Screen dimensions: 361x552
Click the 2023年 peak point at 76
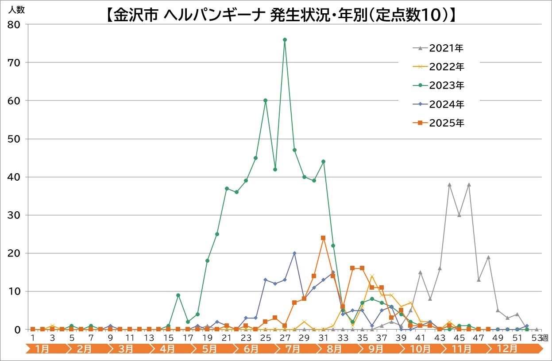pyautogui.click(x=285, y=39)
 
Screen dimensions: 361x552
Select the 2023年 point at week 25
pyautogui.click(x=265, y=101)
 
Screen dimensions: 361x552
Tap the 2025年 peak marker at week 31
pyautogui.click(x=323, y=238)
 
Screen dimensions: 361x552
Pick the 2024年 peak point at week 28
pyautogui.click(x=294, y=253)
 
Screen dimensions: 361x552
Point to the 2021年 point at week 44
pyautogui.click(x=449, y=185)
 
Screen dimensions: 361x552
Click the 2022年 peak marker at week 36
pyautogui.click(x=372, y=276)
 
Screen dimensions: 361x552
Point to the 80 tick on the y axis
pyautogui.click(x=14, y=25)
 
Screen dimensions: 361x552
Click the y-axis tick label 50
pyautogui.click(x=14, y=139)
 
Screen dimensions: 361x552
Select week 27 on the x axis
pyautogui.click(x=285, y=338)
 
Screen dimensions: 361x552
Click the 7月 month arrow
pyautogui.click(x=292, y=349)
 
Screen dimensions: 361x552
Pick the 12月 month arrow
pyautogui.click(x=507, y=349)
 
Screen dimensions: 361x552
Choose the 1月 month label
pyautogui.click(x=42, y=349)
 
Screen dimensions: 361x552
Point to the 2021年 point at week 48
pyautogui.click(x=488, y=257)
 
